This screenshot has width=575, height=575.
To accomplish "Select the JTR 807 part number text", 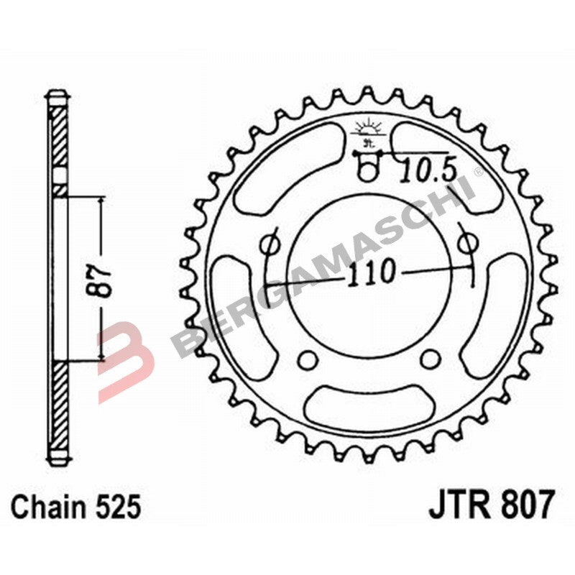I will (x=492, y=506).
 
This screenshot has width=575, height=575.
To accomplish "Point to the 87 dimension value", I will (x=103, y=280).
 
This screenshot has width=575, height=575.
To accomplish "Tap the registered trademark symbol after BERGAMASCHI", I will (x=478, y=172).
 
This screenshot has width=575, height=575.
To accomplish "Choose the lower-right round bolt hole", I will (x=430, y=359).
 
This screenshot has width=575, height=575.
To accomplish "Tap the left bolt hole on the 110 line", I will (x=271, y=245).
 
